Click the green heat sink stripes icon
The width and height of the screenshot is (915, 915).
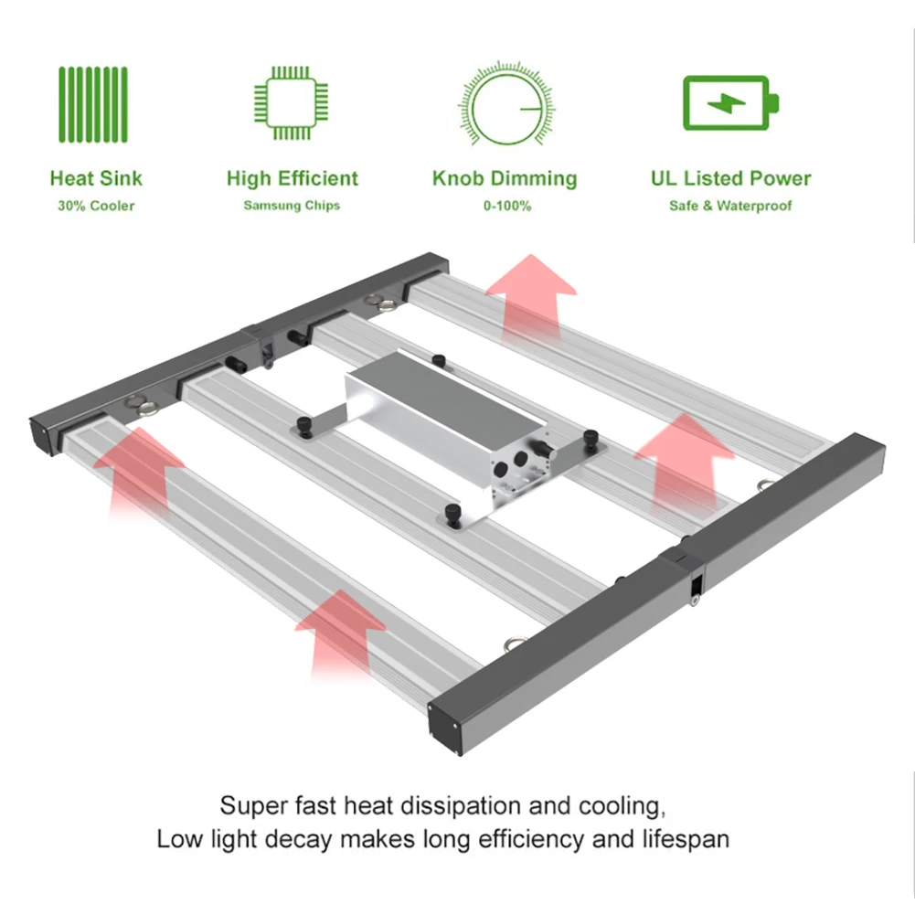click(x=95, y=104)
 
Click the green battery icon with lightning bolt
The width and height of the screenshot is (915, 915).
click(x=731, y=103)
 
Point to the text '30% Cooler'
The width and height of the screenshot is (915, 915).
click(x=96, y=206)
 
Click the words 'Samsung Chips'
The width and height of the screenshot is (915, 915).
click(x=292, y=206)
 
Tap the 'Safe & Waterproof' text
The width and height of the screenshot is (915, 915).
click(x=730, y=206)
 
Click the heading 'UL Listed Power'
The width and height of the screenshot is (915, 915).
click(x=730, y=178)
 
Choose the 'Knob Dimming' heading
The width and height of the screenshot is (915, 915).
click(x=505, y=178)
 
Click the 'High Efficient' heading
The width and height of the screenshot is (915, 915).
click(x=293, y=178)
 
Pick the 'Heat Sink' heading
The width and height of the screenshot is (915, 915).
click(x=96, y=178)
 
